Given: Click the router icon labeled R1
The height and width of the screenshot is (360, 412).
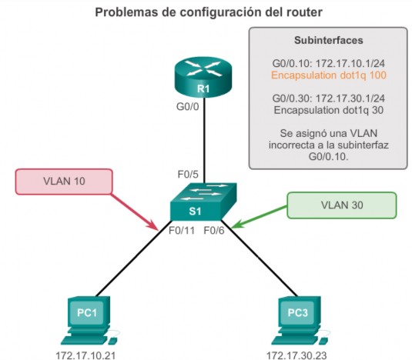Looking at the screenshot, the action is (x=203, y=77).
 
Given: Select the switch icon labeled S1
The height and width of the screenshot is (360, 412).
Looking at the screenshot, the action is (x=203, y=202).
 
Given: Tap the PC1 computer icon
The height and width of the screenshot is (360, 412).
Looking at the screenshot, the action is (x=89, y=321).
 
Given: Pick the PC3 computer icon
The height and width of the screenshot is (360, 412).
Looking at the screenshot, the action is (x=300, y=321).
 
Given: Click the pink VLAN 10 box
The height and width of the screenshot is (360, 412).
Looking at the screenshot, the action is (x=64, y=182).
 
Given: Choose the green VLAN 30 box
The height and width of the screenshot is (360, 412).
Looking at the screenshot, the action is (x=342, y=205).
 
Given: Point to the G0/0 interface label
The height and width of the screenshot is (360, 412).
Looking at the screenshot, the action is (x=188, y=107).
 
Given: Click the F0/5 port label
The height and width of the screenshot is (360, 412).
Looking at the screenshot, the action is (x=188, y=174).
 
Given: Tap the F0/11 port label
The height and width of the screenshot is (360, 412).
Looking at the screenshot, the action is (x=182, y=230).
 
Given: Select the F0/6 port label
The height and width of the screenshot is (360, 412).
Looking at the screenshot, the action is (x=214, y=230).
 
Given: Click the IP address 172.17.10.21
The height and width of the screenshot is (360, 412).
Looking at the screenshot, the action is (x=85, y=355).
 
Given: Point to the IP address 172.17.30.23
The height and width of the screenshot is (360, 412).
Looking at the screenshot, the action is (x=296, y=355).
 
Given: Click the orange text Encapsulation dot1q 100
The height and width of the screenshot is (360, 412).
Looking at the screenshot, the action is (x=329, y=75).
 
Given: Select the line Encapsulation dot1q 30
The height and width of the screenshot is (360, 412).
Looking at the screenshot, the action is (x=329, y=110).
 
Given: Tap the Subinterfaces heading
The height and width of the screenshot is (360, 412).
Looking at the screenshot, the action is (x=329, y=40).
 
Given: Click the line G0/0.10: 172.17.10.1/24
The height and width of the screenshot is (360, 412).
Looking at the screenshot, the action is (x=329, y=64).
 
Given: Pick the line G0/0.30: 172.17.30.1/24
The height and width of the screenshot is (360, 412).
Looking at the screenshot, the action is (x=329, y=98).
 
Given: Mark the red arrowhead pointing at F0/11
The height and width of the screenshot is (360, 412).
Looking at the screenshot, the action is (x=153, y=225).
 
